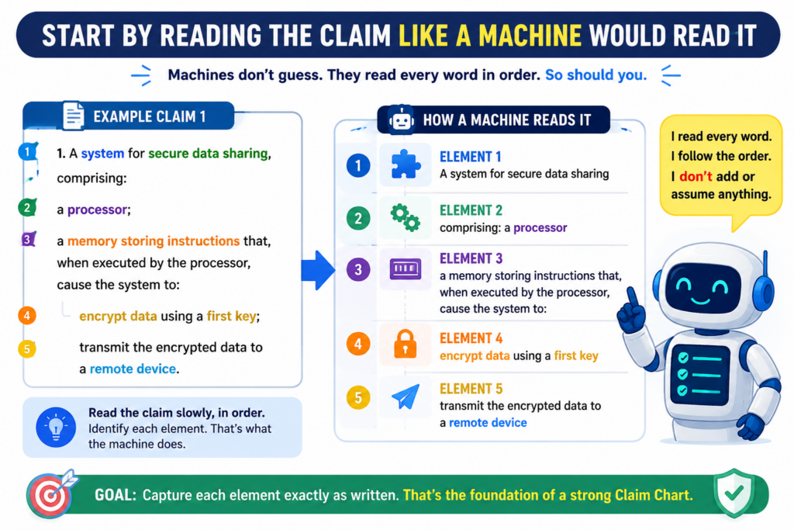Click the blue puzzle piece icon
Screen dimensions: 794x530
pos(405,165)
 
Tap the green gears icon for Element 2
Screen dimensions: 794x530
pos(405,217)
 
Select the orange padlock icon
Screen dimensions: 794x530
pos(405,344)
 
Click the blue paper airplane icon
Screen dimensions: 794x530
pos(406,397)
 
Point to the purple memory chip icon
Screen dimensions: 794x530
pos(405,268)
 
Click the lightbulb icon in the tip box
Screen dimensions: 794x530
pos(56,427)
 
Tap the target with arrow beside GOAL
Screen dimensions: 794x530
pos(50,494)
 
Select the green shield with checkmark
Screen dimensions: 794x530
pos(734,493)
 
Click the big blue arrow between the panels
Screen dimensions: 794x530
pos(318,270)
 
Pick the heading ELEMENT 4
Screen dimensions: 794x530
pos(471,338)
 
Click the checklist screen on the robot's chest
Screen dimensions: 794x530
pos(700,375)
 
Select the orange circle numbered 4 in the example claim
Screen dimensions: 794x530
pos(27,316)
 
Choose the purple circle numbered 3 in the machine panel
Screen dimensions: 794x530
pos(358,269)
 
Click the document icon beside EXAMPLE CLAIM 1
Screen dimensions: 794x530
pos(74,116)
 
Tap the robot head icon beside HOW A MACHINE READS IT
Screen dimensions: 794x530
pos(402,120)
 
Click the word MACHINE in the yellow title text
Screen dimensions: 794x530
pos(530,36)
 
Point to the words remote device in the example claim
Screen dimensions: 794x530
pos(133,369)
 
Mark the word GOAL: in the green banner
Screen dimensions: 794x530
pos(116,494)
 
